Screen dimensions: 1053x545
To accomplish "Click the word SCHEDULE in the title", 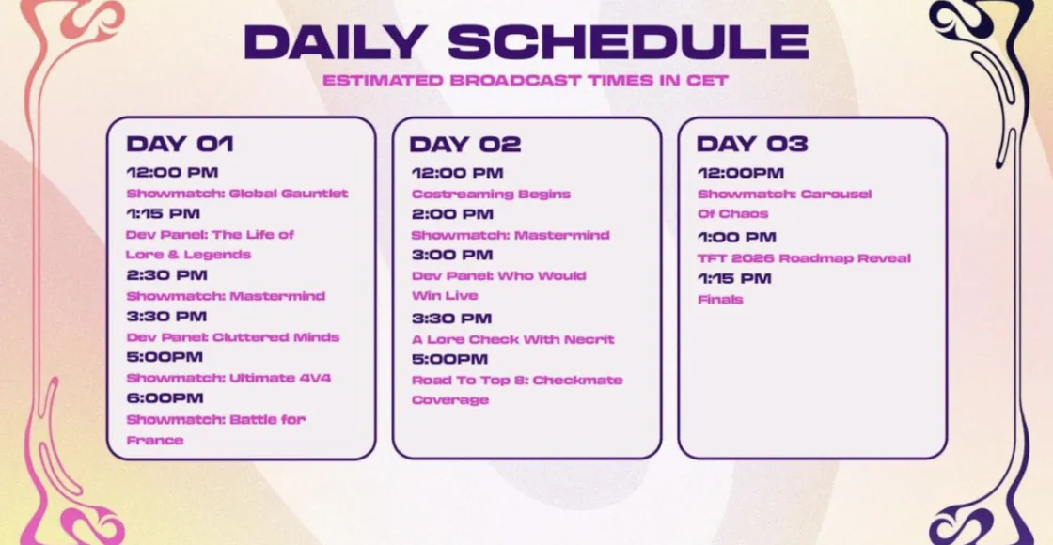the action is click(628, 41).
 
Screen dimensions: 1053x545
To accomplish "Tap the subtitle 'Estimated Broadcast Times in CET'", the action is click(526, 81).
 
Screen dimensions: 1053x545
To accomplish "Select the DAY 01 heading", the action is click(180, 144).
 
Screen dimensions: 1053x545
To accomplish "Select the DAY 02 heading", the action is click(464, 145).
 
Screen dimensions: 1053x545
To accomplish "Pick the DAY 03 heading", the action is click(752, 144).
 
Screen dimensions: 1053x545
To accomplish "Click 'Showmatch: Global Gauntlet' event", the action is click(238, 194).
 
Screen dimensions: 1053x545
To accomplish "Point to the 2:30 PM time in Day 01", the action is click(167, 275).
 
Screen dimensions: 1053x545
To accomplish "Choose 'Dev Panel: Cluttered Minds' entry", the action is click(233, 337).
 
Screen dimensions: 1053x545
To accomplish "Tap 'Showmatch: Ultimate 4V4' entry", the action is click(229, 378).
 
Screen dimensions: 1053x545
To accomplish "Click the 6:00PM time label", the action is click(165, 398).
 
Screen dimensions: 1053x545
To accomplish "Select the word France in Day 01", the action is click(155, 441).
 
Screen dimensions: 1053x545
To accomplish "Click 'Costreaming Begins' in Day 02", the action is click(491, 194).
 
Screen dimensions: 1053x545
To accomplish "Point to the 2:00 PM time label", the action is click(452, 214).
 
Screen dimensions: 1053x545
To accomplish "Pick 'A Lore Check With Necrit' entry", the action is click(513, 339).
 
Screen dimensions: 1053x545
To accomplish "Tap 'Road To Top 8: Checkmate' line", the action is click(517, 380).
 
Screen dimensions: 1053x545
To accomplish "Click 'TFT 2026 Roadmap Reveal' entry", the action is click(805, 258).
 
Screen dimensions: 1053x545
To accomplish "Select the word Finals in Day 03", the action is click(720, 300).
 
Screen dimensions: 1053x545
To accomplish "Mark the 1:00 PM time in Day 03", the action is click(737, 237).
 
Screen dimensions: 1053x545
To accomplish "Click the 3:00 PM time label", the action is click(452, 255).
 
